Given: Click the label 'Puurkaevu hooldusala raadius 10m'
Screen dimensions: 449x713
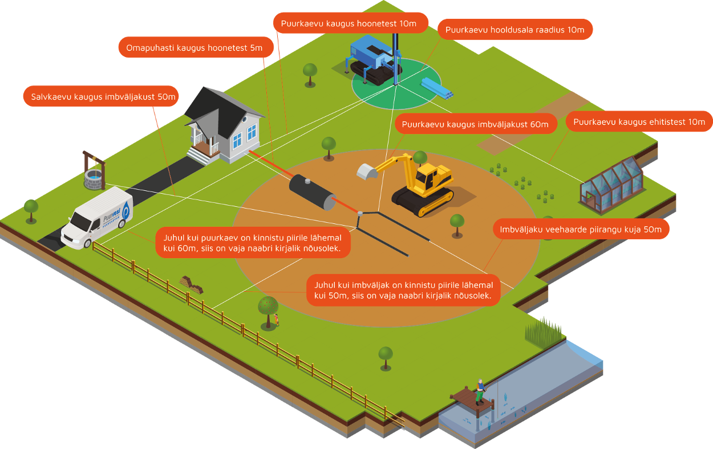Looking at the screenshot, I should (x=515, y=30).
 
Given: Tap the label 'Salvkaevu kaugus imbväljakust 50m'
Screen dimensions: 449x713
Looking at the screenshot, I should (x=100, y=96).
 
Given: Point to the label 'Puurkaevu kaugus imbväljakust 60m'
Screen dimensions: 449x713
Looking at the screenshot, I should (x=475, y=124).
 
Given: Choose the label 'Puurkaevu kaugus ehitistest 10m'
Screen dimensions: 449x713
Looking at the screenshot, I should (x=639, y=121).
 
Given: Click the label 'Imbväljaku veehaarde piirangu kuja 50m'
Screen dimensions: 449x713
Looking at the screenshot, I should (x=580, y=229).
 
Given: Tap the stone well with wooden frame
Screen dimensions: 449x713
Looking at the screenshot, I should (x=94, y=172).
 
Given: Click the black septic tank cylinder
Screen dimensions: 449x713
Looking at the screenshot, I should (x=312, y=191).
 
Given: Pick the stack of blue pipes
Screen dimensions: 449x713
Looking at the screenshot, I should (x=437, y=87).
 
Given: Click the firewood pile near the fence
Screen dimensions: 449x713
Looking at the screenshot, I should (x=191, y=283).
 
